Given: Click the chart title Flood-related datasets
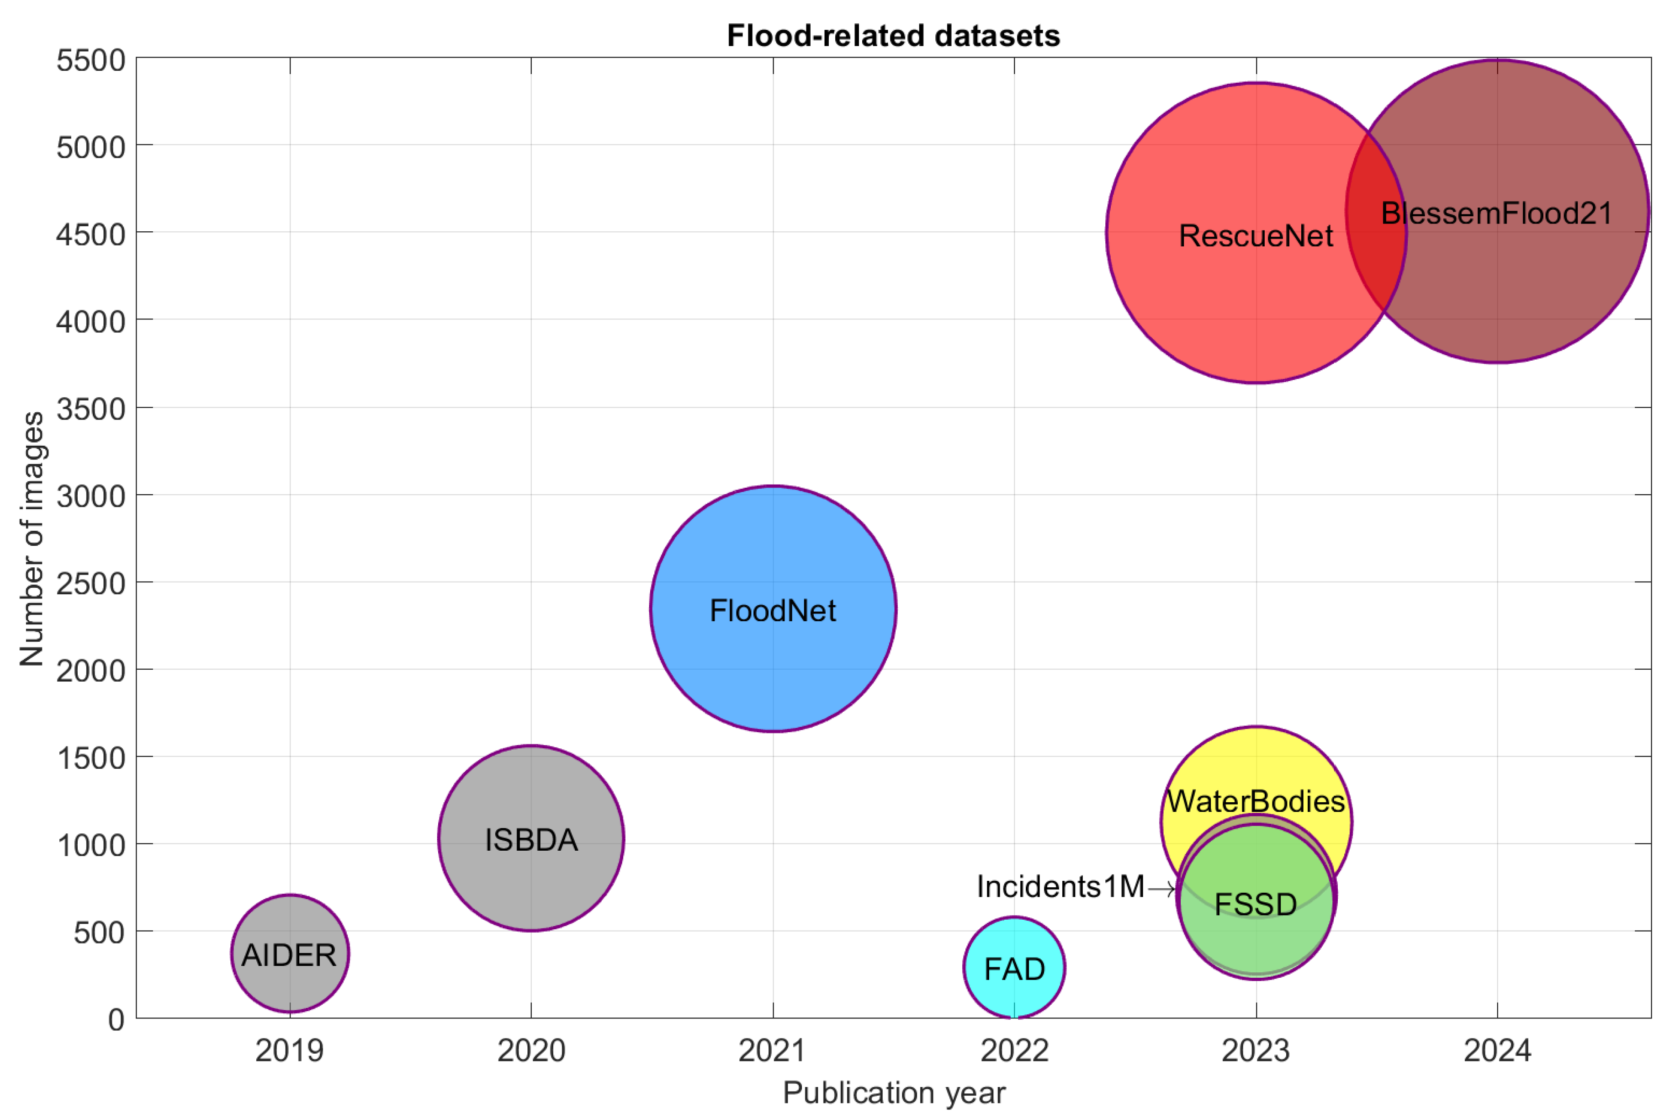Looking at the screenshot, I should click(893, 36).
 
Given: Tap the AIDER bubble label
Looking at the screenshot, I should click(289, 955).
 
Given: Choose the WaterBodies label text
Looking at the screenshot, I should click(1256, 801).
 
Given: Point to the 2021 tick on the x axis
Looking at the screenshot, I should click(773, 1050).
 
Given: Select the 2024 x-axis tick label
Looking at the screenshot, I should click(1497, 1050).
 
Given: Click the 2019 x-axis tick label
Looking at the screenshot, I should click(290, 1050).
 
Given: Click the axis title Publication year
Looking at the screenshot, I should click(894, 1092).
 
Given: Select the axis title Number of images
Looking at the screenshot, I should click(32, 539).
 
